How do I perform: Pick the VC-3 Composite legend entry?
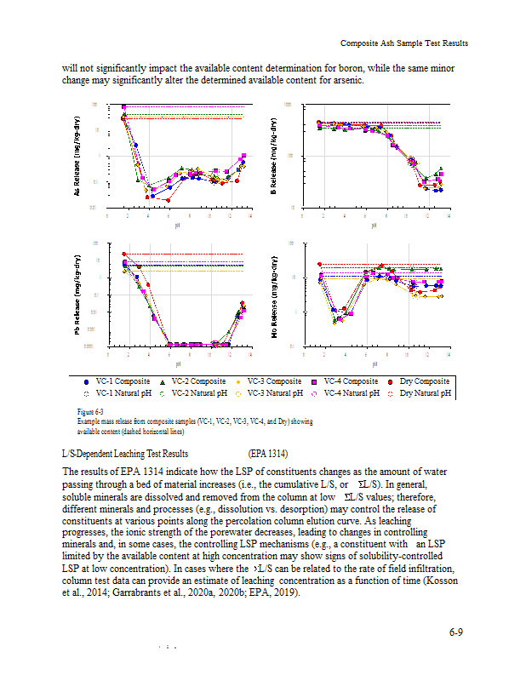pos(273,381)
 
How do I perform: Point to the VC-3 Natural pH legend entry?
pos(273,393)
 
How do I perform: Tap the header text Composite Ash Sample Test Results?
pos(403,43)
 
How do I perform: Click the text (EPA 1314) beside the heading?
pos(269,455)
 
